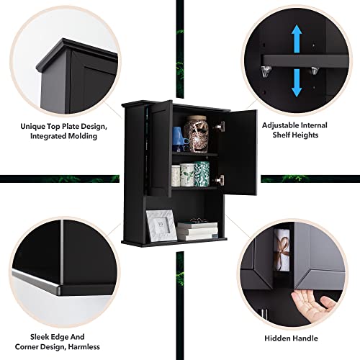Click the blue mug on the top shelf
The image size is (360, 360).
coord(178,138)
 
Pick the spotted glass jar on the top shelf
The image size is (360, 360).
coord(197,133)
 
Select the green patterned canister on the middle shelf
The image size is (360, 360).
coord(202,174)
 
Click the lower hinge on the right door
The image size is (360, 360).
coord(220,180)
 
